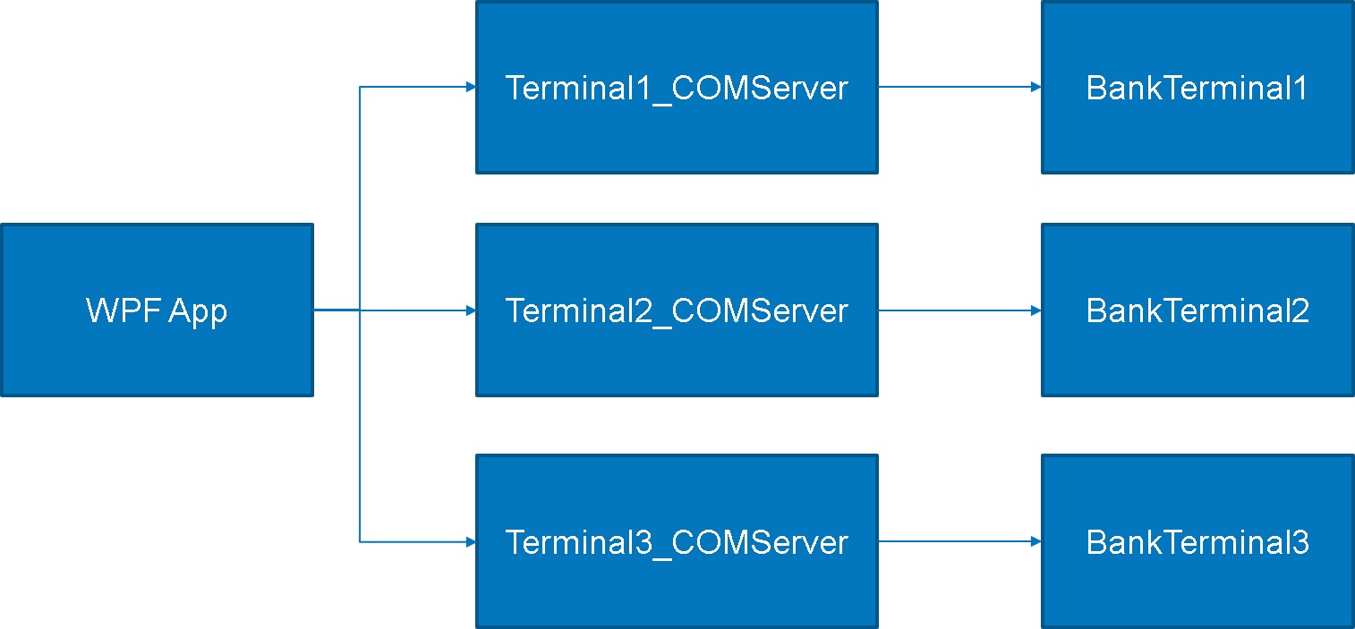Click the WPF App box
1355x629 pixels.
157,310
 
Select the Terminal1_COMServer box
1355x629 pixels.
677,87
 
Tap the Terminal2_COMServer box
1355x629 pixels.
677,310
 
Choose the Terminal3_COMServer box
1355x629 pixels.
677,541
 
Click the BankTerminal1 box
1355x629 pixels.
1197,87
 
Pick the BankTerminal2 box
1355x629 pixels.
1197,310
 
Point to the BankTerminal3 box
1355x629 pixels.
1197,541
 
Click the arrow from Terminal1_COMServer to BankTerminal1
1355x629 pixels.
958,87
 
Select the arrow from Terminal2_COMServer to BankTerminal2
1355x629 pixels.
958,310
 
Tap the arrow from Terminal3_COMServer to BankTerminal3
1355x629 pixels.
958,541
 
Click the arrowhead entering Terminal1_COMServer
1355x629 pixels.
471,87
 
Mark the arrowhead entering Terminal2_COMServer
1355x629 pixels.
471,310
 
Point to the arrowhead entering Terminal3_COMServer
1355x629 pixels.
471,541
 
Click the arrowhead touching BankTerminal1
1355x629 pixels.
1036,87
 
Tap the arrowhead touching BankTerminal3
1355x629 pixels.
1036,541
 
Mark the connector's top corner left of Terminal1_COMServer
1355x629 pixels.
360,87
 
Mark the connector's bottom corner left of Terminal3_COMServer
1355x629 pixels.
360,541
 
